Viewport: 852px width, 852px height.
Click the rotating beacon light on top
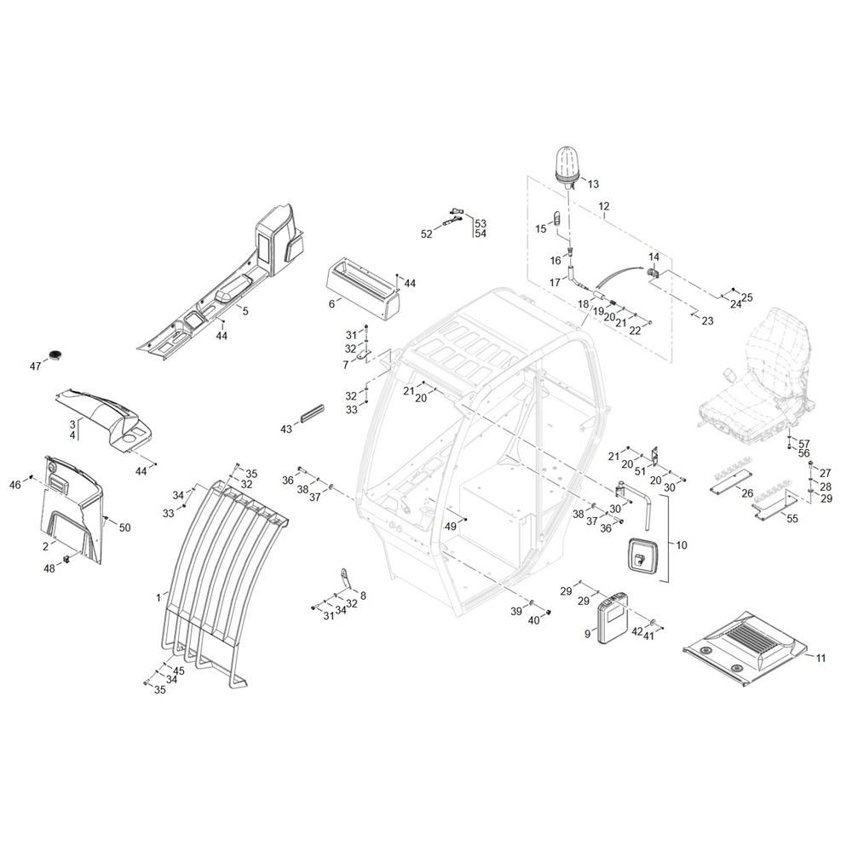click(567, 166)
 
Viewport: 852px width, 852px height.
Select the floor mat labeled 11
click(745, 647)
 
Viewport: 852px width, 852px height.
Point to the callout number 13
click(593, 184)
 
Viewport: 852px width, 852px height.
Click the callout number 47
click(35, 366)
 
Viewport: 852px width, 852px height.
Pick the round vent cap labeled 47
click(56, 354)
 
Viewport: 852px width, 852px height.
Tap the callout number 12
click(604, 206)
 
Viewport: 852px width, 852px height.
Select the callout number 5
click(245, 311)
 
